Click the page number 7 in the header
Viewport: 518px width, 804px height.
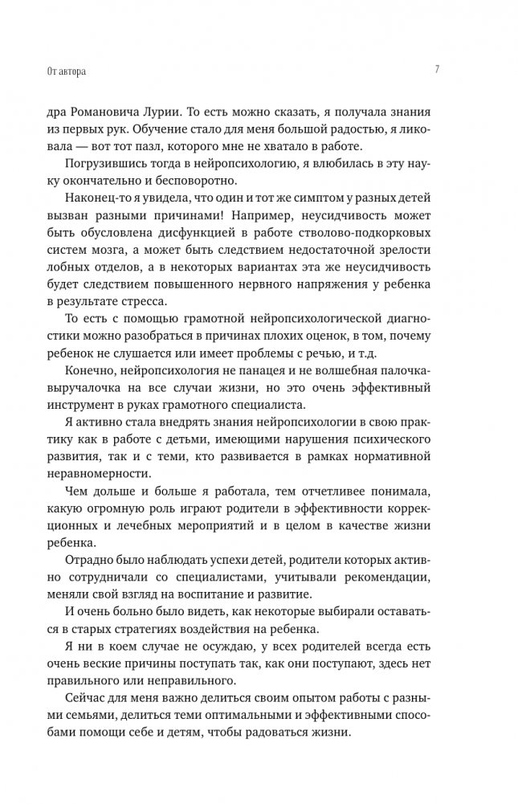[x=437, y=70]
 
